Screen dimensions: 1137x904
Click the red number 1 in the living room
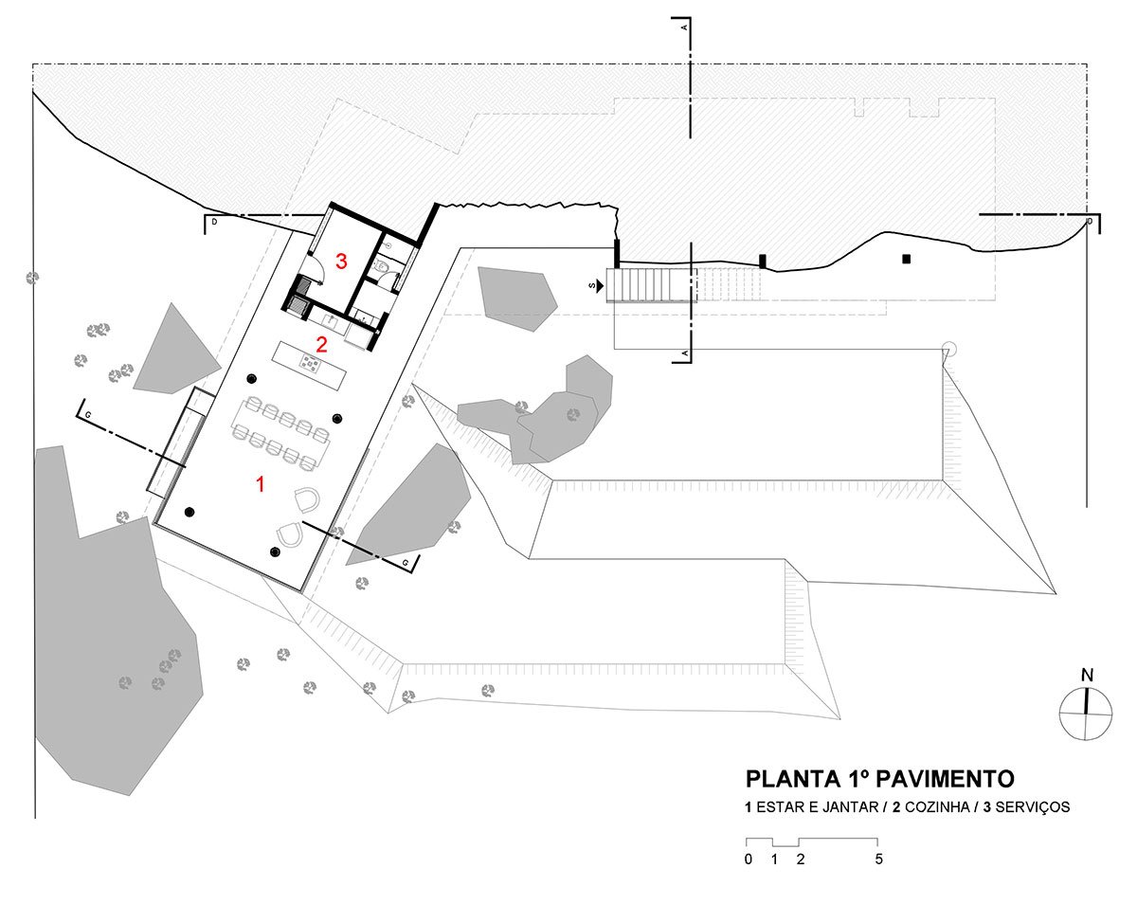(x=260, y=484)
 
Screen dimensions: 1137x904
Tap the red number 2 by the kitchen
(x=321, y=345)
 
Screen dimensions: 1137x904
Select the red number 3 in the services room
(x=341, y=261)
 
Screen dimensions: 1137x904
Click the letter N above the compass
(x=1087, y=676)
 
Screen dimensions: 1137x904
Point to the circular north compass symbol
(x=1086, y=714)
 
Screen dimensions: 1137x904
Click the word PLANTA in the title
(x=785, y=779)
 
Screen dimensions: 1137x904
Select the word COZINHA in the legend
(x=936, y=807)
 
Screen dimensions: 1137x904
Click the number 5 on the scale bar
(x=878, y=859)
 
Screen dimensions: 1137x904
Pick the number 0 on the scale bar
(x=749, y=859)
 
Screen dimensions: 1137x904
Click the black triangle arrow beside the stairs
(x=599, y=286)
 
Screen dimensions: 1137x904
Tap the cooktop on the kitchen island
(x=309, y=363)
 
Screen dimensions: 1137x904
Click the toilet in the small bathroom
(x=379, y=267)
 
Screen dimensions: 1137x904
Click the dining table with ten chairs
(x=280, y=434)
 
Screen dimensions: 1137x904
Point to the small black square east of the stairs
(x=906, y=259)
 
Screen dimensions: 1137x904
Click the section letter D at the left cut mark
(x=214, y=222)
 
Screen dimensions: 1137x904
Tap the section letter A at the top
(x=684, y=27)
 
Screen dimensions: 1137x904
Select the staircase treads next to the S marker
(x=651, y=285)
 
